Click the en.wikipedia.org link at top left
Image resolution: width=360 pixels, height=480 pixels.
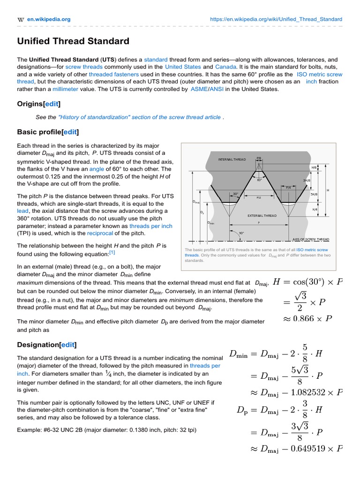pos(48,19)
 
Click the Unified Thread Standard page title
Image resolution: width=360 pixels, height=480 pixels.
pos(73,41)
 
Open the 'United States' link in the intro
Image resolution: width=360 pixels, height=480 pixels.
pos(183,67)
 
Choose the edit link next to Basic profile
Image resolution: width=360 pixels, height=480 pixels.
pos(70,132)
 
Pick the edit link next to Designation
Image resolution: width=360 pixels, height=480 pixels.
pos(67,345)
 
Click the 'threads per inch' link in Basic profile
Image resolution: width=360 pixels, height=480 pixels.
pos(151,225)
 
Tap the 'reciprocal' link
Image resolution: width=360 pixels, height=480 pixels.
pos(100,233)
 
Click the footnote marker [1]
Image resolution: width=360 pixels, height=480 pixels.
pos(112,253)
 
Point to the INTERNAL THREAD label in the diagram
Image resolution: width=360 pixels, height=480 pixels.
pos(232,160)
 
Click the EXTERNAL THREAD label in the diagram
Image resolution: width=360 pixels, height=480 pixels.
pos(262,216)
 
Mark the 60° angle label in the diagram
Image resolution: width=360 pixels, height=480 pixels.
pos(259,180)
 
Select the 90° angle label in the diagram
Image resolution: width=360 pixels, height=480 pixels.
pos(242,233)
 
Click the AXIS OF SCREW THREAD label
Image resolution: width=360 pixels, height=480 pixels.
pos(311,239)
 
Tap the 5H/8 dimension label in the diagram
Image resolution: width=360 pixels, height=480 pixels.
pos(314,194)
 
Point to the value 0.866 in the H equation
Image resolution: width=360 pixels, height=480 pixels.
pos(306,319)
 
